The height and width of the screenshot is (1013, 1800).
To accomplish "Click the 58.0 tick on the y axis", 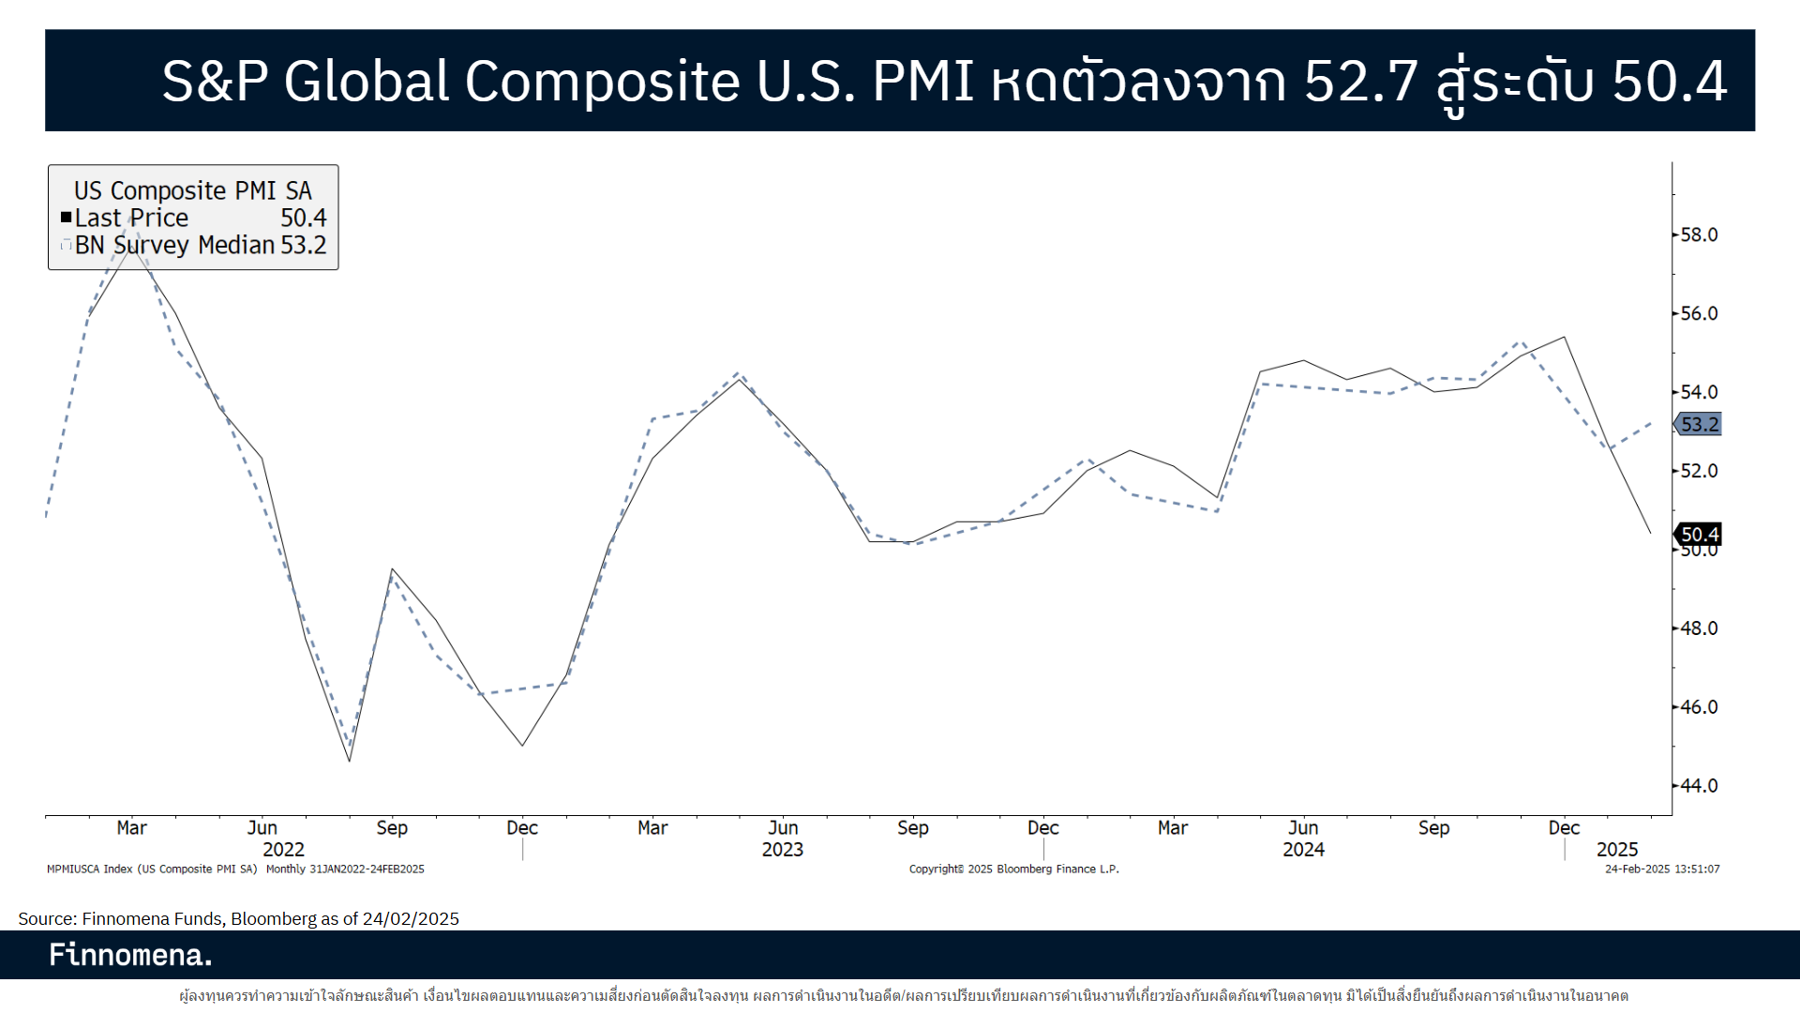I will tap(1698, 234).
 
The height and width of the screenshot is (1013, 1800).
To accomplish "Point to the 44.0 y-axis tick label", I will tap(1698, 785).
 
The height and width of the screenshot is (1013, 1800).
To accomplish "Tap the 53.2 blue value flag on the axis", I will tap(1699, 425).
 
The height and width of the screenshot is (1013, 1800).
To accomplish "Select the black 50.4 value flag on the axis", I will tap(1699, 535).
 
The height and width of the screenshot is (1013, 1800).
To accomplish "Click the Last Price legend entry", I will tap(131, 218).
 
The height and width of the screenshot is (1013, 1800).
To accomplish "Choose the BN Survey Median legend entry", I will tap(174, 245).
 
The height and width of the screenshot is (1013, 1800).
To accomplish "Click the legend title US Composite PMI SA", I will tap(192, 190).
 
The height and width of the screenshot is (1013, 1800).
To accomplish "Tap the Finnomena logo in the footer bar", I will tap(130, 955).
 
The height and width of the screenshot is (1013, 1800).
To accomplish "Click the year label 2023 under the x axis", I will tap(782, 850).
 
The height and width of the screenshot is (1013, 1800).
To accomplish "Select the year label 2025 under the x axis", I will tap(1617, 850).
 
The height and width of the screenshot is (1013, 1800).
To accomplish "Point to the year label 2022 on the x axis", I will tap(283, 850).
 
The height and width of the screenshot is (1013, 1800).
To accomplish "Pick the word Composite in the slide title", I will tap(602, 81).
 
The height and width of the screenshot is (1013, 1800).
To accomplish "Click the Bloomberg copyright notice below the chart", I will tap(1013, 869).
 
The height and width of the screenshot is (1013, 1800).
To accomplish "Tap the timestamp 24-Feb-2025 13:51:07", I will tap(1661, 869).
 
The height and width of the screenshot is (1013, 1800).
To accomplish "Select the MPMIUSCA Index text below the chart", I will tap(89, 869).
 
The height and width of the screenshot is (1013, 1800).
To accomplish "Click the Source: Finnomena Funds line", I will tap(238, 918).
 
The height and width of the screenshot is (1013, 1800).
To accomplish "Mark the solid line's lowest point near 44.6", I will tap(350, 761).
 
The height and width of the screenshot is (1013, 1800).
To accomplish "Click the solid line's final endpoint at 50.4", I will tap(1650, 533).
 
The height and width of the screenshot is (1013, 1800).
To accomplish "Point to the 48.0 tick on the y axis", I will tap(1698, 628).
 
